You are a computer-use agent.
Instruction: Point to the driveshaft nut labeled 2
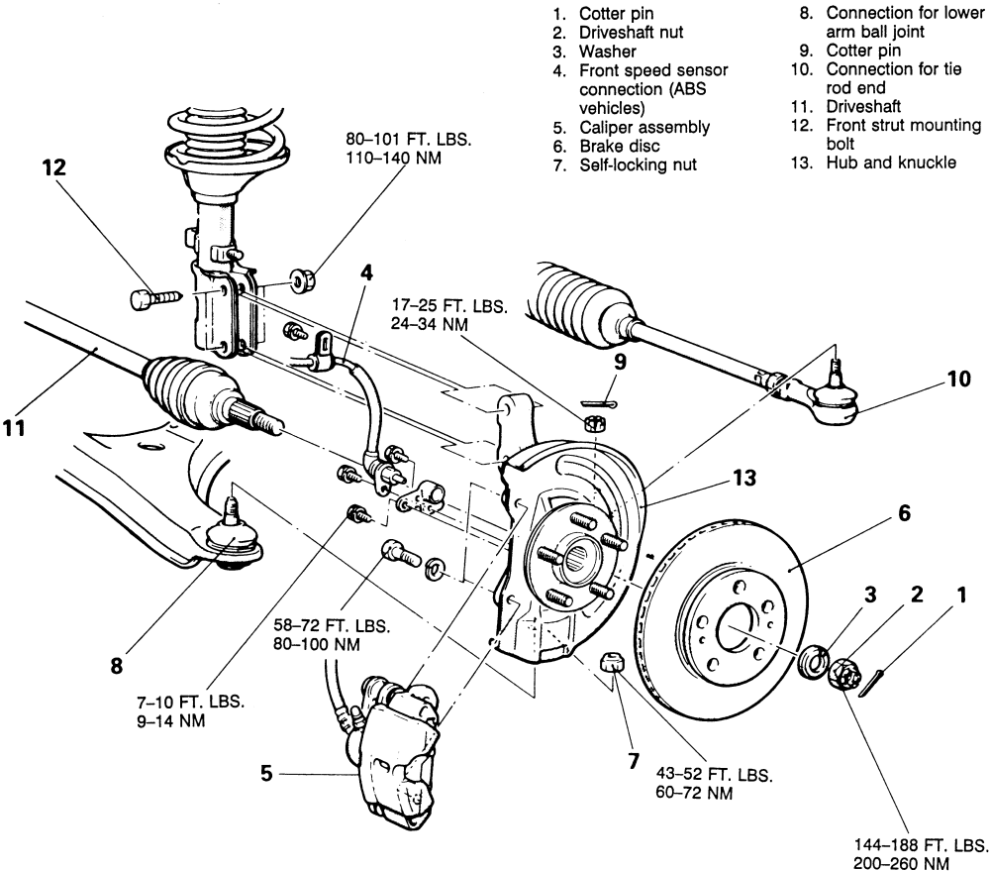pos(850,675)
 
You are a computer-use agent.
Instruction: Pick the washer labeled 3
pos(813,661)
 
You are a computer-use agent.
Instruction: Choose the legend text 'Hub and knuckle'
pos(892,163)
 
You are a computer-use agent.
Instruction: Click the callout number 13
pos(740,479)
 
